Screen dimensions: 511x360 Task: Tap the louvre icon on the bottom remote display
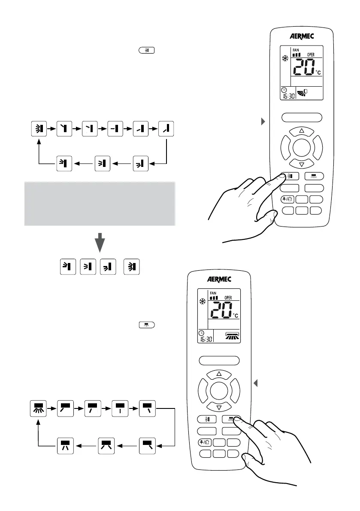(x=228, y=336)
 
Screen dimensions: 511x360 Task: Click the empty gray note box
(x=99, y=204)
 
